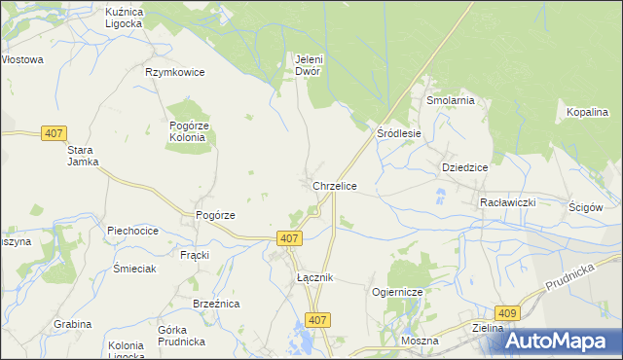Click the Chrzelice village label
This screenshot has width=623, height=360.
click(334, 185)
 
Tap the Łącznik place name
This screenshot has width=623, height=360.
click(315, 277)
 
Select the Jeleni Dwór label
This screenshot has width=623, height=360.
click(309, 64)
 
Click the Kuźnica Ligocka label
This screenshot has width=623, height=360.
click(124, 17)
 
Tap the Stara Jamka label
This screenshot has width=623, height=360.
click(83, 156)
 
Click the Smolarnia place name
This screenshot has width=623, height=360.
click(449, 100)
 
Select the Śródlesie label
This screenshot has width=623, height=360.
click(399, 133)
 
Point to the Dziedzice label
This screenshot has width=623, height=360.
click(464, 166)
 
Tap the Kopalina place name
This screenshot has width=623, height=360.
click(587, 113)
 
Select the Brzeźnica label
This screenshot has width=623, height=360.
click(216, 304)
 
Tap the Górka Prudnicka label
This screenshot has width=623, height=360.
click(180, 336)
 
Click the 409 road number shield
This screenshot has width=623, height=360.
click(507, 313)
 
